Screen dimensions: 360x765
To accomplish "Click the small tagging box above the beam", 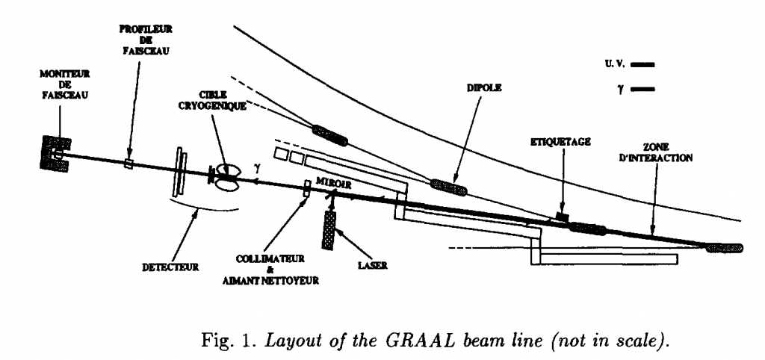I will (x=563, y=217).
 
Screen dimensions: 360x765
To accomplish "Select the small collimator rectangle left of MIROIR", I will (x=306, y=188).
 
